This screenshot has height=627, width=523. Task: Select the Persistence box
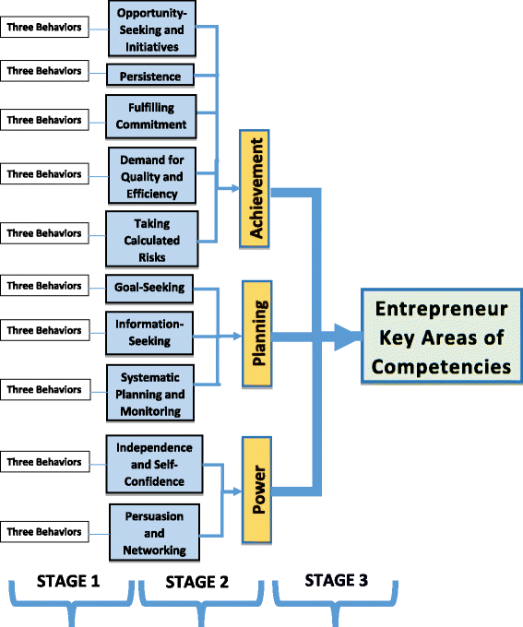[150, 75]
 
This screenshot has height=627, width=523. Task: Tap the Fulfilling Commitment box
[150, 115]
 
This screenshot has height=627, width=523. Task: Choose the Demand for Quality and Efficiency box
[150, 174]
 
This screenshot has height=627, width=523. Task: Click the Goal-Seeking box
[150, 288]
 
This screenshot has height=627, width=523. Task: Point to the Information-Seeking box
[150, 331]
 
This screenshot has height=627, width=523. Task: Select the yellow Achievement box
[258, 191]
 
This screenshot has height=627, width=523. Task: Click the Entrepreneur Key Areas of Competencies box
[441, 337]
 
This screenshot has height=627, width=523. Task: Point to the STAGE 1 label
[68, 582]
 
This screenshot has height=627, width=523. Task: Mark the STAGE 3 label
[338, 581]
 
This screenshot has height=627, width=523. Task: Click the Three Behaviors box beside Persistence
[44, 72]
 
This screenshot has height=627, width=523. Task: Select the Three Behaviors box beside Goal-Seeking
[44, 287]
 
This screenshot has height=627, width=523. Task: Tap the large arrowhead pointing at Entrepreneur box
[345, 337]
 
